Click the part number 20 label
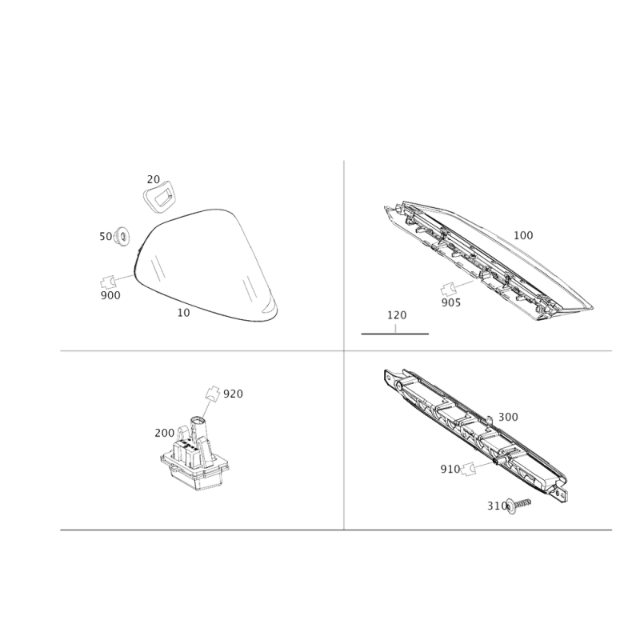tap(154, 179)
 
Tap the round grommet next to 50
tap(122, 237)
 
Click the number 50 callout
tap(106, 236)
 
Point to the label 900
tap(110, 295)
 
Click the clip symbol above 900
tap(107, 282)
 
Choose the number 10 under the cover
tap(184, 313)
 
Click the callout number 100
tap(523, 235)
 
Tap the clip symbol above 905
tap(448, 290)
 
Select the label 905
tap(451, 302)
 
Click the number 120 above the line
tap(397, 315)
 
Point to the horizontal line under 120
tap(395, 334)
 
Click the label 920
tap(233, 394)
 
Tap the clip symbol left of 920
tap(212, 393)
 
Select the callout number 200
tap(165, 433)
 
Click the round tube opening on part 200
tap(198, 419)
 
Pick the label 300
tap(508, 417)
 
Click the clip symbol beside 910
tap(469, 469)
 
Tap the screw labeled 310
tap(518, 505)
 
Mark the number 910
tap(450, 470)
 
